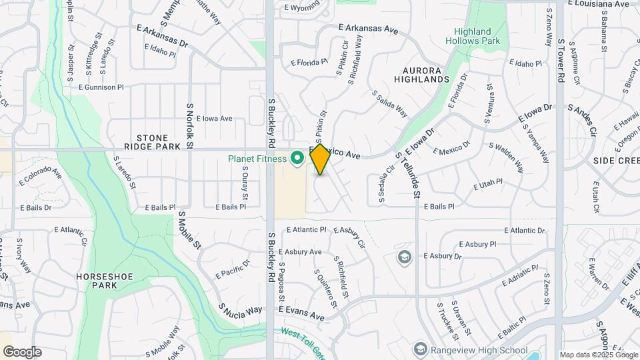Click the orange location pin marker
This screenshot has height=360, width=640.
pos(320,159)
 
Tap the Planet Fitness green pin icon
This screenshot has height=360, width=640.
pos(298,159)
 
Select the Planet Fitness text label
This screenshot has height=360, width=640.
pos(257,159)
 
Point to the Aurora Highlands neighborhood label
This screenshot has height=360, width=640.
pos(425,75)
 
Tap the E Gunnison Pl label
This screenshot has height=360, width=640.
pos(101,87)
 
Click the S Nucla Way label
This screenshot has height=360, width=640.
pos(241,310)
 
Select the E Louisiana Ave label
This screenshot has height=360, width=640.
pos(599,4)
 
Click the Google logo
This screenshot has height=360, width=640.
pos(22,351)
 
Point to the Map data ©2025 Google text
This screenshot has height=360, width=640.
pos(598,355)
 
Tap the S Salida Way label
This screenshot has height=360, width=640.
pos(389,103)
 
